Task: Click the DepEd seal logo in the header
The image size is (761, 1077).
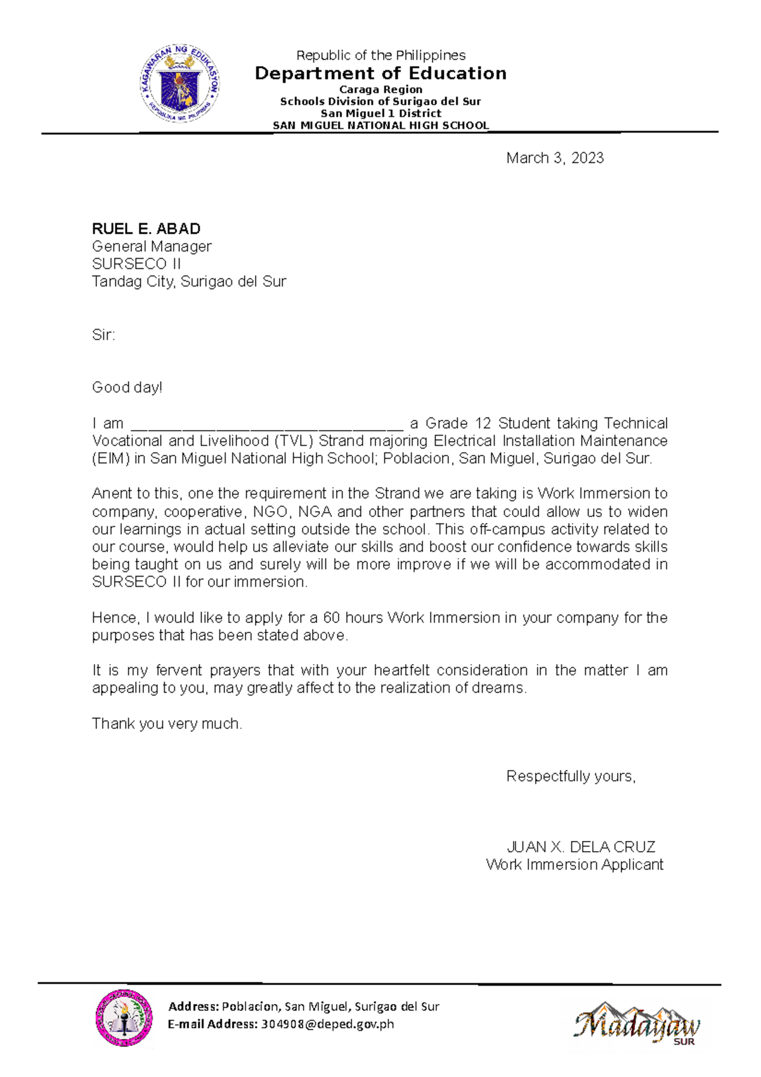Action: pyautogui.click(x=180, y=83)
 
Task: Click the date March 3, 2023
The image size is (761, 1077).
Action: pyautogui.click(x=554, y=158)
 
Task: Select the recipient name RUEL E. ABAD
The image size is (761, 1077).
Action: pyautogui.click(x=146, y=229)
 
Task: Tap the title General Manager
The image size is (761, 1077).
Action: pyautogui.click(x=152, y=246)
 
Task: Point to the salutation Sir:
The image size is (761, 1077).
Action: pyautogui.click(x=103, y=335)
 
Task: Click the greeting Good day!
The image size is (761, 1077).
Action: pyautogui.click(x=127, y=388)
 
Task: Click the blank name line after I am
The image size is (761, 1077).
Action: pyautogui.click(x=266, y=425)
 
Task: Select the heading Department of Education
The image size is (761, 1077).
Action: pyautogui.click(x=380, y=73)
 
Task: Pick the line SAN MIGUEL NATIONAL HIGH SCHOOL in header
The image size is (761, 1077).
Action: pyautogui.click(x=380, y=126)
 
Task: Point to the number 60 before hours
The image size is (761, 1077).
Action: pyautogui.click(x=331, y=618)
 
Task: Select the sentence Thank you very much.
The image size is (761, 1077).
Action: pyautogui.click(x=167, y=724)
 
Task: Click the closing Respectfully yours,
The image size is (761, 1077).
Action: pyautogui.click(x=570, y=776)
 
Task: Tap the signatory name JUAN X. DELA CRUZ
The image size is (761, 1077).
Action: pyautogui.click(x=580, y=847)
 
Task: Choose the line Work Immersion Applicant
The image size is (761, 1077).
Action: pyautogui.click(x=574, y=865)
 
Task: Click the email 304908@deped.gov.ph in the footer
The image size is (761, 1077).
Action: pyautogui.click(x=327, y=1024)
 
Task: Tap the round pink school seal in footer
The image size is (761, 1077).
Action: pyautogui.click(x=124, y=1018)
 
